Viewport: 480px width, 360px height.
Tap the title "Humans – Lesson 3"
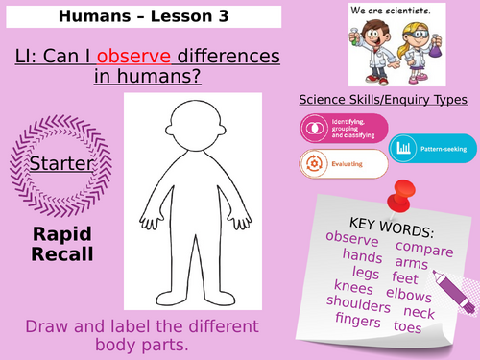tap(142, 16)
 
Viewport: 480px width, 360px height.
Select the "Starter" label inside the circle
tap(60, 163)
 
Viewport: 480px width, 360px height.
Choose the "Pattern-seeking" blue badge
tap(432, 149)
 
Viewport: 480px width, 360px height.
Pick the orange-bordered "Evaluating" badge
tap(344, 164)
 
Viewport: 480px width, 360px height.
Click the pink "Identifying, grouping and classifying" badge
tap(344, 128)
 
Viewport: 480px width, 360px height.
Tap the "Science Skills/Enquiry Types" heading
tap(383, 99)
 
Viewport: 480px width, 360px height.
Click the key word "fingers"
tap(359, 321)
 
